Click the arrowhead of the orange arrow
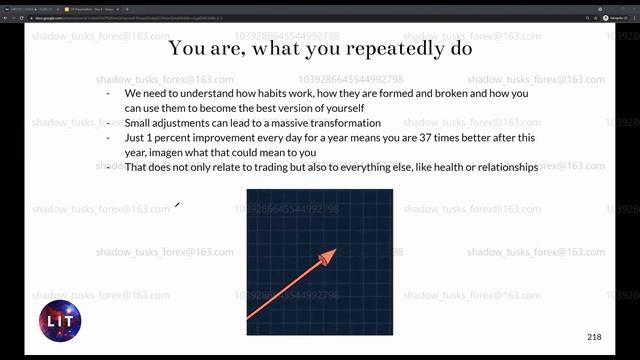326,259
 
